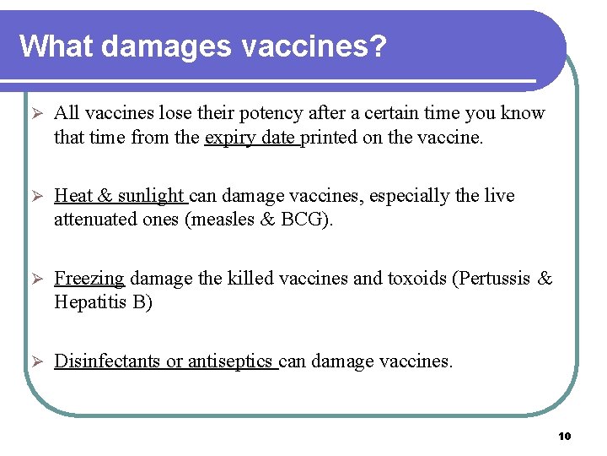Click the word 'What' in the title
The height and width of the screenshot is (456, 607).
[56, 46]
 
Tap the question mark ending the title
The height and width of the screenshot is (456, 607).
[377, 46]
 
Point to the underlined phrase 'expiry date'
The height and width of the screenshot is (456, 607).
[250, 137]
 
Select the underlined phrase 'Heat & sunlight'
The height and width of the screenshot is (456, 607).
[119, 196]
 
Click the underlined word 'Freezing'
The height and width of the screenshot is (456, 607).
[89, 279]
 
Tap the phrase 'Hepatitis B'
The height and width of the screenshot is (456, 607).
[103, 302]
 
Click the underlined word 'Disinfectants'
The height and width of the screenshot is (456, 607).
[107, 361]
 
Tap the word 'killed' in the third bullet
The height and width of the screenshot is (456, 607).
[244, 279]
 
